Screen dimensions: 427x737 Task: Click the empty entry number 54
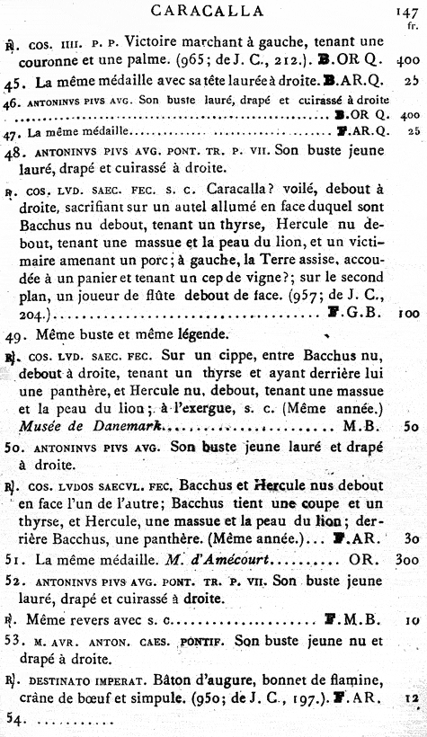pyautogui.click(x=15, y=721)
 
